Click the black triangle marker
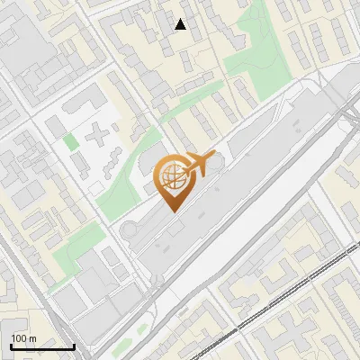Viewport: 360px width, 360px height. [x=181, y=24]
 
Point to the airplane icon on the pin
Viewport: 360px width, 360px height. [x=199, y=164]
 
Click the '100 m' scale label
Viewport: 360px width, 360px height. [x=24, y=338]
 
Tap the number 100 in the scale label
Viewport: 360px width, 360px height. [x=20, y=338]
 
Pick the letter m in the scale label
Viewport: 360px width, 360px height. [x=32, y=338]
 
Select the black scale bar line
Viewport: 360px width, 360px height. [x=41, y=347]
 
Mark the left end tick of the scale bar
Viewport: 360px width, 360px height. [x=10, y=346]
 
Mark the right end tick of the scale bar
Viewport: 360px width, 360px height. [x=74, y=346]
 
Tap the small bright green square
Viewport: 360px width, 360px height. [x=70, y=141]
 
